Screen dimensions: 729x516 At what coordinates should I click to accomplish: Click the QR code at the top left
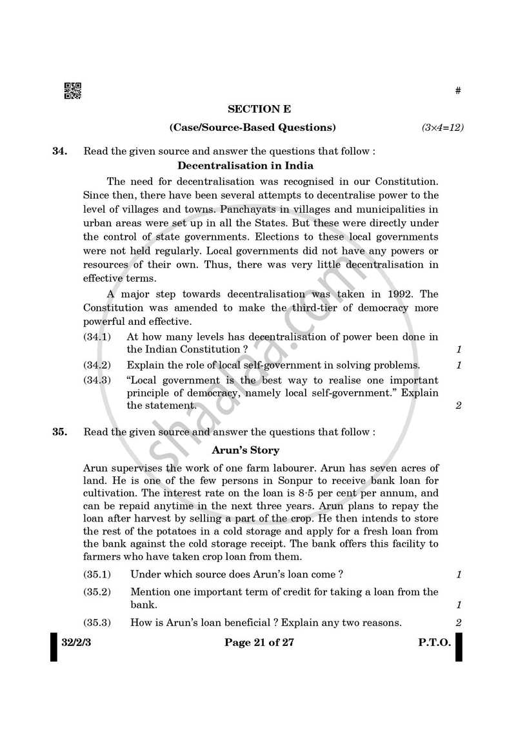[72, 91]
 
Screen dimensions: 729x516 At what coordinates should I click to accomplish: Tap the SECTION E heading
[259, 109]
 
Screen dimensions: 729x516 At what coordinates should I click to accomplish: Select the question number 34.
[59, 152]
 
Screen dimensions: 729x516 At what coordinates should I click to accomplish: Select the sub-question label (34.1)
[97, 336]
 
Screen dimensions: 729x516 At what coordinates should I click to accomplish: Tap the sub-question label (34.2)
[97, 365]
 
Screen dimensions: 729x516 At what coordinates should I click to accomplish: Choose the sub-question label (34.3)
[97, 380]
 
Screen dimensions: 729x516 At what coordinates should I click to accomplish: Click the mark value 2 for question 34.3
[459, 406]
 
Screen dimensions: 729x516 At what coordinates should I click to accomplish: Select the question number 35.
[59, 432]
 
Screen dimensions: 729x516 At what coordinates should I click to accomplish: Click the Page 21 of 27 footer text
[259, 642]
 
